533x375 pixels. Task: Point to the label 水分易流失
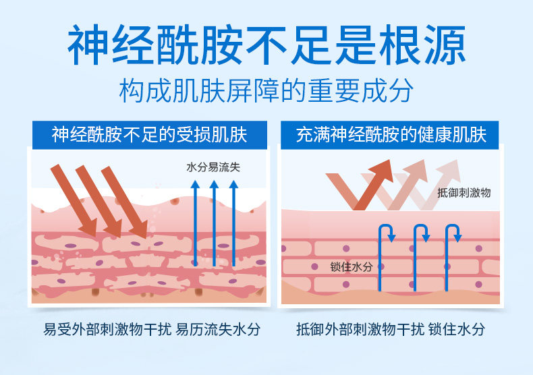pyautogui.click(x=213, y=166)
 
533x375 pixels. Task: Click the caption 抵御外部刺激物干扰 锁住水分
pyautogui.click(x=390, y=330)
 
